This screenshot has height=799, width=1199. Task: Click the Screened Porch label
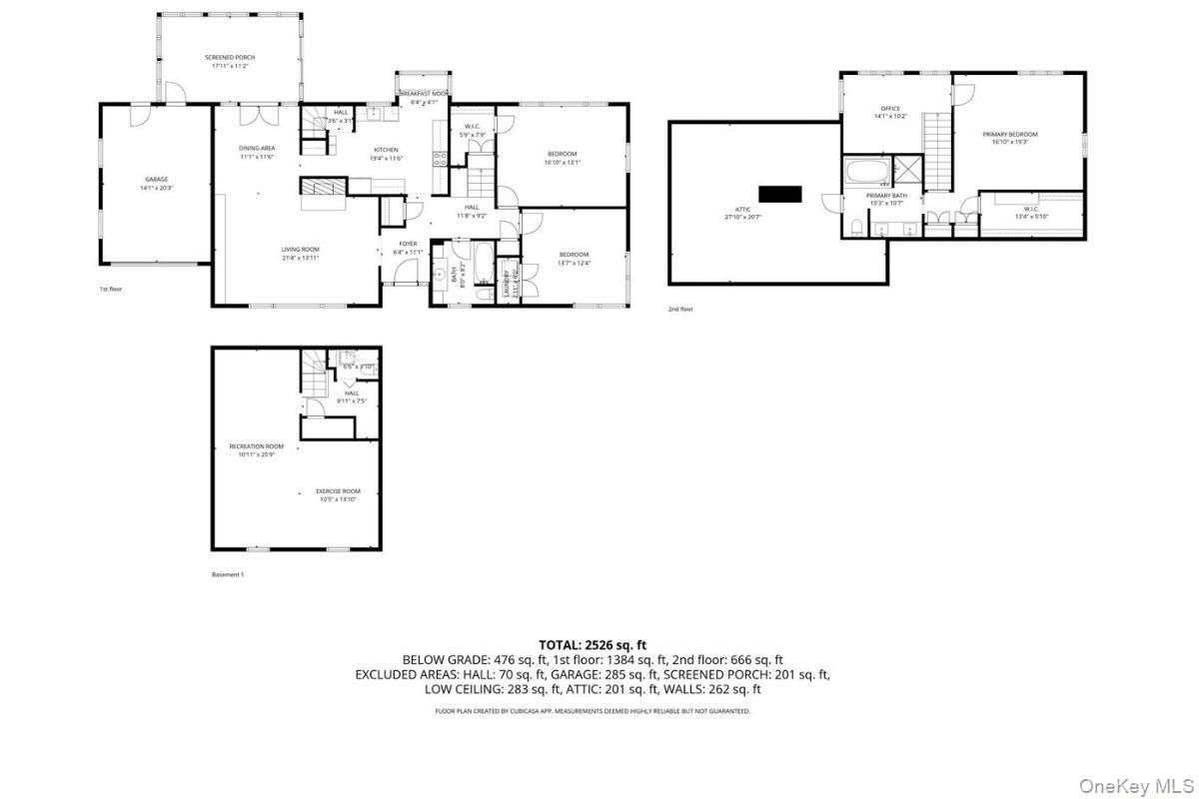(x=230, y=58)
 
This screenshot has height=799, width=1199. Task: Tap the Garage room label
(x=156, y=180)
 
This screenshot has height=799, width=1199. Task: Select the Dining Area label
(x=257, y=148)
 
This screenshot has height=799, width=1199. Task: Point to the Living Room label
(x=300, y=249)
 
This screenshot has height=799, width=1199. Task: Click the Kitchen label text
(x=386, y=150)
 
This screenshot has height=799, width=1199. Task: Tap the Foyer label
(x=408, y=244)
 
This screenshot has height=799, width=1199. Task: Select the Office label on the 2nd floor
(x=890, y=109)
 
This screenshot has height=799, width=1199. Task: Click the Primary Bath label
(x=886, y=196)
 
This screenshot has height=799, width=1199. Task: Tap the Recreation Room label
(x=257, y=446)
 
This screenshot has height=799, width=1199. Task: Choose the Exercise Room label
(x=338, y=491)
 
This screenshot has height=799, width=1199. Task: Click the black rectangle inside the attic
(x=780, y=193)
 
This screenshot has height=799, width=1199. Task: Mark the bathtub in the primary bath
(x=865, y=172)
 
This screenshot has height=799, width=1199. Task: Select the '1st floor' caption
(x=110, y=290)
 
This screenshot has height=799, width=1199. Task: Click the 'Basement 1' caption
(x=228, y=574)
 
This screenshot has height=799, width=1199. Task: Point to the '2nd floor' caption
(x=680, y=309)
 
